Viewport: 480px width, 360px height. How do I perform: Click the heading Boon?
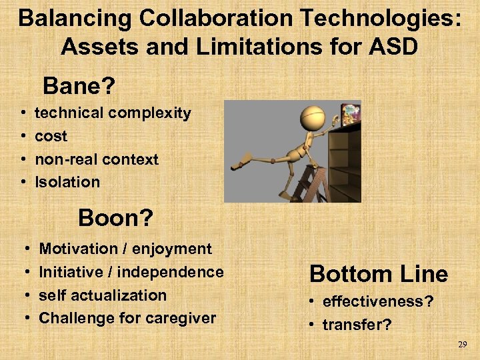click(115, 217)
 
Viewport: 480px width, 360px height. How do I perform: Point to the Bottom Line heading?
click(379, 273)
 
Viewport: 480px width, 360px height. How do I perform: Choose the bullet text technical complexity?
click(113, 113)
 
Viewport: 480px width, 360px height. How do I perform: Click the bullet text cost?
click(51, 136)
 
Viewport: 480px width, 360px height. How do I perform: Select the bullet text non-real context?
click(97, 159)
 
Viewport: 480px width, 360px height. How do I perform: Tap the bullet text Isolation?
click(67, 182)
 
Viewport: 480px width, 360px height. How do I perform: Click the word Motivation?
click(75, 249)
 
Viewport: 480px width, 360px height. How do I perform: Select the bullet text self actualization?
click(103, 295)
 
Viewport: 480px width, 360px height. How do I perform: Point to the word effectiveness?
click(377, 301)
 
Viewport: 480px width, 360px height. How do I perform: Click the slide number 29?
click(463, 345)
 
